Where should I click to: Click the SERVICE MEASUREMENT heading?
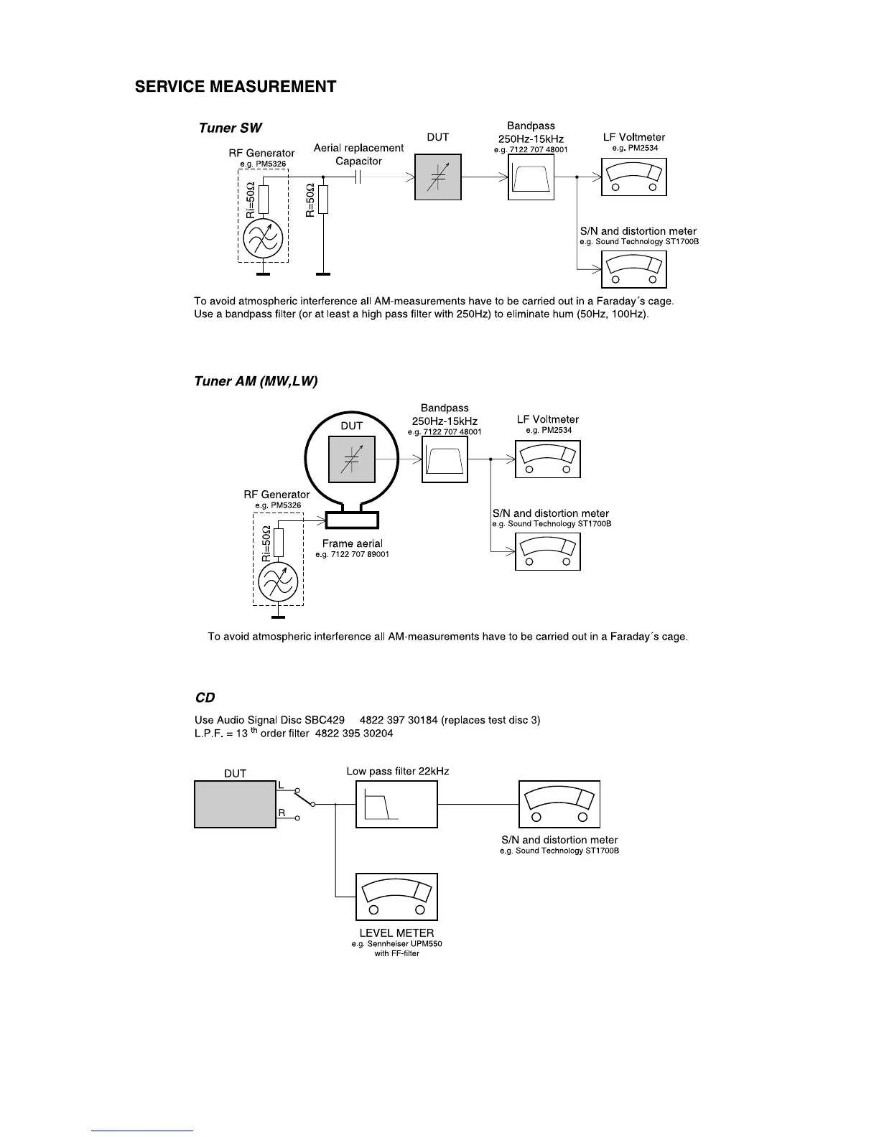pos(236,87)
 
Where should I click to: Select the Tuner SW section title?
pos(230,128)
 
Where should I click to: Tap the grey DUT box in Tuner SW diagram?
pos(437,177)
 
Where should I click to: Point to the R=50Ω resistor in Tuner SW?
pos(323,200)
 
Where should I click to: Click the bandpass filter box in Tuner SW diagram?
pos(531,177)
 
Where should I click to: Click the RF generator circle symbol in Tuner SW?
pos(263,239)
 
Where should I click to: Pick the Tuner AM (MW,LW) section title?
pos(256,381)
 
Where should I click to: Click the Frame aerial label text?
pos(352,543)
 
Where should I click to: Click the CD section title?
pos(205,698)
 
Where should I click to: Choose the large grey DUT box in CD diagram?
pos(235,804)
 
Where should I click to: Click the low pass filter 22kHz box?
pos(396,804)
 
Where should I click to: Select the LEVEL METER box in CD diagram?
pos(396,897)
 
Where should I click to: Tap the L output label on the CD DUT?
pos(282,786)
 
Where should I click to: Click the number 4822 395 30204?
pos(354,734)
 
